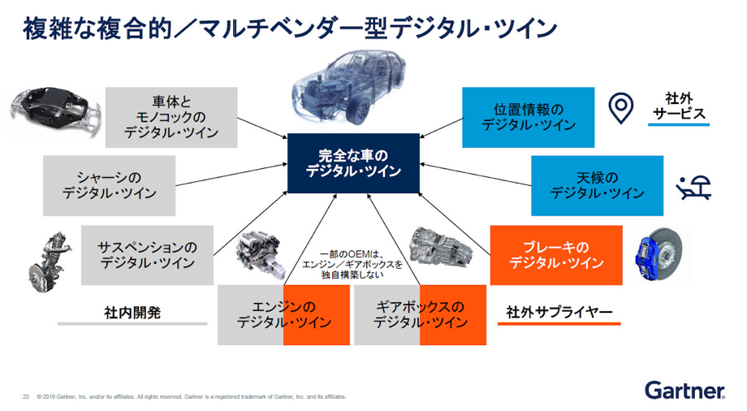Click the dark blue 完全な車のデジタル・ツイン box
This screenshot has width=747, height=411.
pos(353,163)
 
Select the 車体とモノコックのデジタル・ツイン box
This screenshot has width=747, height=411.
pos(171,117)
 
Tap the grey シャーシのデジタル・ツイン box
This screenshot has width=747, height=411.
pos(109,185)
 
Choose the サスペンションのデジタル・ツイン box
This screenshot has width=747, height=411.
pos(147,255)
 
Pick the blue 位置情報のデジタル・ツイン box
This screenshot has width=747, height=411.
pos(529,117)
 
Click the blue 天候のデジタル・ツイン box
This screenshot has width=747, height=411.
pos(598,185)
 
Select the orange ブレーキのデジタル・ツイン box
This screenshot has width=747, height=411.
pos(556,255)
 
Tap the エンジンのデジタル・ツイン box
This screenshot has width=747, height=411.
pos(283,314)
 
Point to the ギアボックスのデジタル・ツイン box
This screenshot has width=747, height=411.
pos(421,314)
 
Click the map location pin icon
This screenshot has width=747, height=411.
pos(621,108)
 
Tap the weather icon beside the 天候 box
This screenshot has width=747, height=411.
pos(693,188)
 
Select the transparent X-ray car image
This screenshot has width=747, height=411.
pos(349,89)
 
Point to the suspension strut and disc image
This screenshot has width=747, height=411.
pos(50,262)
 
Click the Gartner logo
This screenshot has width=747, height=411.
pos(685,391)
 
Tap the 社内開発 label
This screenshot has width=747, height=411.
pos(132,313)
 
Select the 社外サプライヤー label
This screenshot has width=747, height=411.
pos(559,312)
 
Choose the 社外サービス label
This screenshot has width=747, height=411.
pos(679,106)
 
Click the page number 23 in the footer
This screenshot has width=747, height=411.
pos(26,396)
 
